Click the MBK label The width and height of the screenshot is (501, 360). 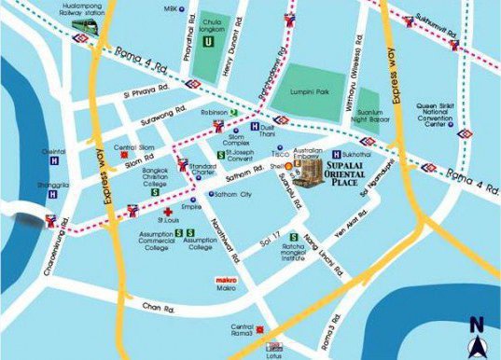(169, 8)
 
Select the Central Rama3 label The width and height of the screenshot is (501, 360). (242, 330)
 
